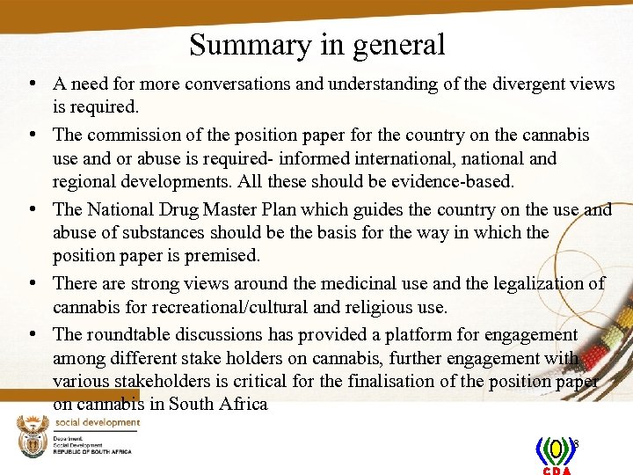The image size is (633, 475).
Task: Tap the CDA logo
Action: point(556,454)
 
